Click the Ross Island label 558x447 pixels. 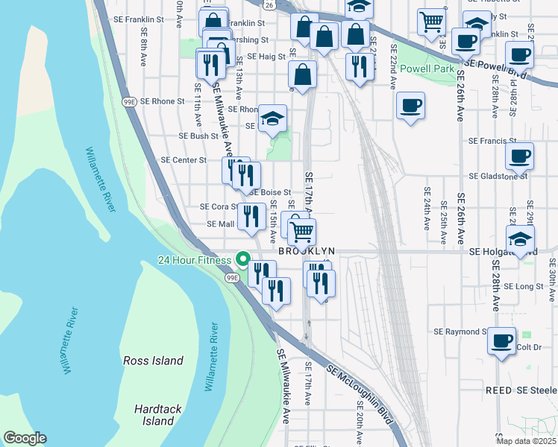pos(153,361)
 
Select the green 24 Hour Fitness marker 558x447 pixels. pos(242,259)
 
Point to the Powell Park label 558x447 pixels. pos(427,69)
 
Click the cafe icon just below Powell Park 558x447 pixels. pos(410,105)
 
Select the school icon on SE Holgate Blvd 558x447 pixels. pos(520,238)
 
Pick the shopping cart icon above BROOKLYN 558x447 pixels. pos(301,231)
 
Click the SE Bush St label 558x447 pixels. pos(198,136)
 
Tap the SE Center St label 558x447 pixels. pos(184,159)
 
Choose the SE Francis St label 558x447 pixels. pos(492,140)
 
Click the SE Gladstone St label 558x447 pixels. pos(498,177)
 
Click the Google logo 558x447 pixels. pos(25,438)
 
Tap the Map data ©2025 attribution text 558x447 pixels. pos(526,441)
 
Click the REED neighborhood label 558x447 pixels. pos(498,390)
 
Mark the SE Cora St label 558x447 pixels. pos(218,206)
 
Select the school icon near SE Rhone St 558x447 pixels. pos(272,118)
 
